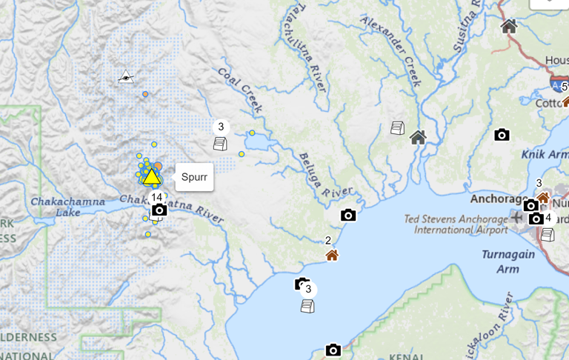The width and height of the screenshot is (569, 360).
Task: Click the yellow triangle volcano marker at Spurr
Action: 151,176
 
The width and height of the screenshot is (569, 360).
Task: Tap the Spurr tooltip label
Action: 194,177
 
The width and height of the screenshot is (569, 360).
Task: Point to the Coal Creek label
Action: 240,90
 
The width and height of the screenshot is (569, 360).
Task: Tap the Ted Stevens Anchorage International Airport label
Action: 456,224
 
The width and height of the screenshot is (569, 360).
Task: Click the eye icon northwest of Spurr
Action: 126,76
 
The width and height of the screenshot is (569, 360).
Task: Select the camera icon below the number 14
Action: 159,210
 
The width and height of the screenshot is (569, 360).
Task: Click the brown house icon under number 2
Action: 332,255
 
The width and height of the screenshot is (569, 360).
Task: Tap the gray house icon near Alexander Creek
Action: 418,137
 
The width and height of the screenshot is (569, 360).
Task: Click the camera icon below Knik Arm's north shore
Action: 502,134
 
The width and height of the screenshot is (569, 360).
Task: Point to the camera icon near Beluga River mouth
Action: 348,216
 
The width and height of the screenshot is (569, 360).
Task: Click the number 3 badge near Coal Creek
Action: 221,127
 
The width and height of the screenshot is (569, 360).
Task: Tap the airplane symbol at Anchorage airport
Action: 516,217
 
